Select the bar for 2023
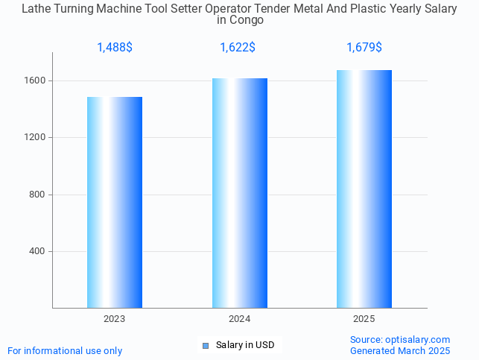pos(115,202)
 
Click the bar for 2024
pos(239,193)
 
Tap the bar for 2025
pos(364,189)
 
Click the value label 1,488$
pos(115,48)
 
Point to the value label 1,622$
pos(238,48)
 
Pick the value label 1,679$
pos(364,48)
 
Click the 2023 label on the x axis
pos(115,319)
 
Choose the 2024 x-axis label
pos(239,319)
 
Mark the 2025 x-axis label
pos(364,319)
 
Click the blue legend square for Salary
pos(206,345)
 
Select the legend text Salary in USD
pos(245,345)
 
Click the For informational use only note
pos(65,350)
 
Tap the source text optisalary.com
pos(400,340)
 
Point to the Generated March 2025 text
pos(400,350)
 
